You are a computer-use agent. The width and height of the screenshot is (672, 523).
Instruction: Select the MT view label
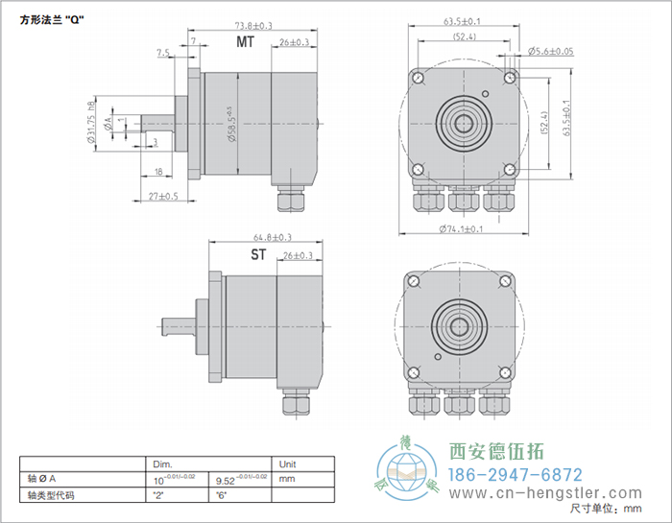tap(246, 43)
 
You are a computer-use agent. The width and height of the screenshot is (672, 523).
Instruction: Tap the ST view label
tap(258, 255)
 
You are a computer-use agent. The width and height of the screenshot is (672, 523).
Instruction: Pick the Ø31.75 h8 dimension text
tap(91, 123)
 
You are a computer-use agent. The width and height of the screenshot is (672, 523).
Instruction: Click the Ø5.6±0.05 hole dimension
tap(550, 52)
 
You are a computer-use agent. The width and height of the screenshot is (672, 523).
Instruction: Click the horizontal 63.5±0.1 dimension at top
tap(463, 20)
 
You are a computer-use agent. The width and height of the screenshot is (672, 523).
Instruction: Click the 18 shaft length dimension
tap(158, 171)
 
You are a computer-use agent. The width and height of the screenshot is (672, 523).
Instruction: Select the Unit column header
tap(287, 463)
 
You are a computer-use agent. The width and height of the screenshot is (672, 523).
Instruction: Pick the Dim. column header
tap(161, 463)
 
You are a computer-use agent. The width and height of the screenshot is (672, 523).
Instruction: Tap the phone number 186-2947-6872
tap(516, 475)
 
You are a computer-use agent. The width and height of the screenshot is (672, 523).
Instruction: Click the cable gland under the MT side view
tap(289, 200)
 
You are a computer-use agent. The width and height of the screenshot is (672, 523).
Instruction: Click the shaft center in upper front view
tap(463, 123)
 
